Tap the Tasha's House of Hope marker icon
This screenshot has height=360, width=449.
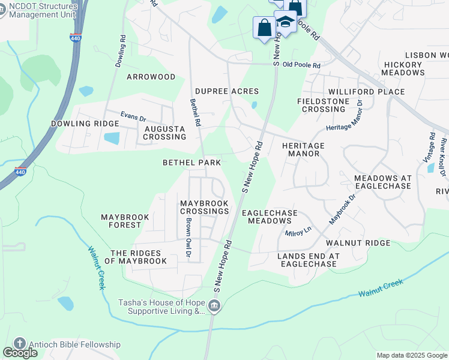tap(214, 308)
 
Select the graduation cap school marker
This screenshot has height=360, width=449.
tap(285, 22)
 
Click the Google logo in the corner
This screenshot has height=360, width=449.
tap(20, 353)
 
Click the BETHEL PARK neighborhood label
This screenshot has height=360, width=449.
tap(191, 163)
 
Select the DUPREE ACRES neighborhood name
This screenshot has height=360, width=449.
tap(226, 91)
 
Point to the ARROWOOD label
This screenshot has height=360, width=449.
tap(151, 77)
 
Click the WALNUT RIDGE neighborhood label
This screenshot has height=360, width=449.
tap(358, 243)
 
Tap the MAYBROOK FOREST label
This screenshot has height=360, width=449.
tap(121, 221)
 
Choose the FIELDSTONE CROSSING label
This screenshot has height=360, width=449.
tap(323, 105)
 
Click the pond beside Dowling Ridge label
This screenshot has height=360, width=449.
tap(112, 138)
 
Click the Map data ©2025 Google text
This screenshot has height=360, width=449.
tap(412, 355)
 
